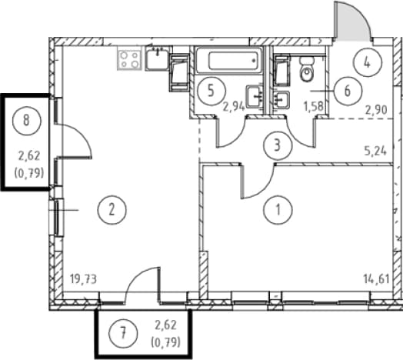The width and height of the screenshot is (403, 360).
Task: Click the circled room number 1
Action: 278,210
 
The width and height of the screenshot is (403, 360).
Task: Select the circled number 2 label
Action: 112,210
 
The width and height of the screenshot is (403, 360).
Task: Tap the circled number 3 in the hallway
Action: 278,145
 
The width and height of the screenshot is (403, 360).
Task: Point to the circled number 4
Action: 368,62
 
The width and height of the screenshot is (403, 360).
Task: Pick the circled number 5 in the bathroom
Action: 211,91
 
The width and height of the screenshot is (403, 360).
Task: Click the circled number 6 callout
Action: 348,91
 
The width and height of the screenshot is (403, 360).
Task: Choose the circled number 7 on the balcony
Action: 123,334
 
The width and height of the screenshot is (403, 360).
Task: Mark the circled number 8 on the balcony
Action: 26,120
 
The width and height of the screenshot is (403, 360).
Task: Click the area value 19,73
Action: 83,279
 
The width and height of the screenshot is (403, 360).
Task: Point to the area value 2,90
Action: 376,110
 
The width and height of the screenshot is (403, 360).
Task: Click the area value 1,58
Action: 313,106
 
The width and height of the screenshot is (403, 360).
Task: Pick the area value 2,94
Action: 234,106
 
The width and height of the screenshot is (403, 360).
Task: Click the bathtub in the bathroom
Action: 228,61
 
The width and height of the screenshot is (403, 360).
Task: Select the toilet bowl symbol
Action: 307,68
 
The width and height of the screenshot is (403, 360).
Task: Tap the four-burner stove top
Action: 129,58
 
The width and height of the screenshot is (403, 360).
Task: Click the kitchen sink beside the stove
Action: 158,58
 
